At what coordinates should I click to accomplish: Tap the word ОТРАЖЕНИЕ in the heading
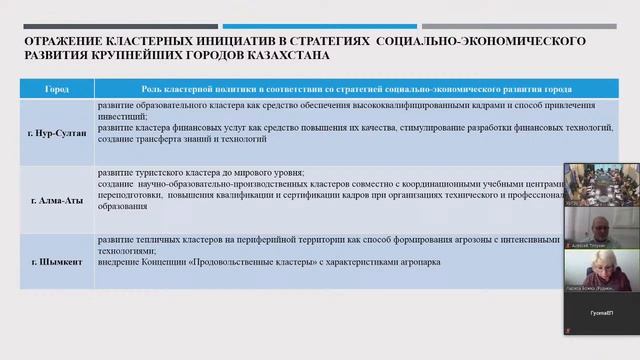pos(62,41)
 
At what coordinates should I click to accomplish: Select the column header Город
pos(58,88)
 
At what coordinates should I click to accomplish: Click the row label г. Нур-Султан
pos(58,131)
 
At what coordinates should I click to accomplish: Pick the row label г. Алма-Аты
pos(58,200)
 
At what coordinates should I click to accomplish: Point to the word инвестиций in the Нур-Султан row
pos(117,116)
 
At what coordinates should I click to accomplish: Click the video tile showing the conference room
pos(601,183)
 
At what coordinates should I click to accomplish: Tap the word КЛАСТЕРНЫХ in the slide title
pos(159,41)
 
